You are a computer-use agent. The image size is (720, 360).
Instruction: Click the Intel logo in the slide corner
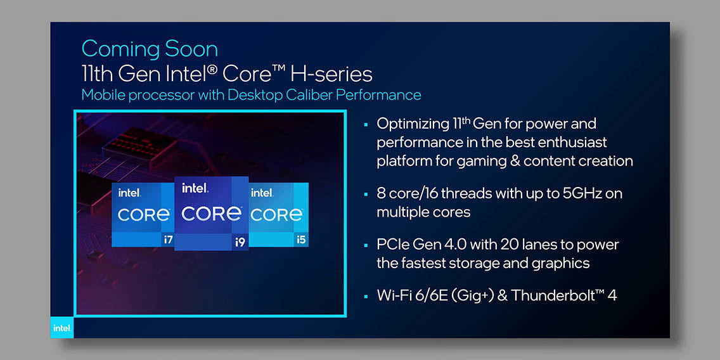(x=61, y=328)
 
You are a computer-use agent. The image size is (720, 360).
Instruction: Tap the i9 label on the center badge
(x=240, y=242)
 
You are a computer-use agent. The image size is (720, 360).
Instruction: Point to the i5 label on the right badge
(x=302, y=239)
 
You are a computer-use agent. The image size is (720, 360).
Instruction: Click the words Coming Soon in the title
(x=150, y=48)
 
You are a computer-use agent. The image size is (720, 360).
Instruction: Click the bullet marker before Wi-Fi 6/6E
(x=366, y=296)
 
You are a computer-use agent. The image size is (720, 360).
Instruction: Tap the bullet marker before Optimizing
(x=366, y=124)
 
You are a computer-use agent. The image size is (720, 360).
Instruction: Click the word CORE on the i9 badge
(x=211, y=214)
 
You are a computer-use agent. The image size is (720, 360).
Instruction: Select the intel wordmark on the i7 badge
(x=129, y=193)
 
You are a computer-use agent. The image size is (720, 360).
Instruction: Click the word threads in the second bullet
(x=468, y=193)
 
